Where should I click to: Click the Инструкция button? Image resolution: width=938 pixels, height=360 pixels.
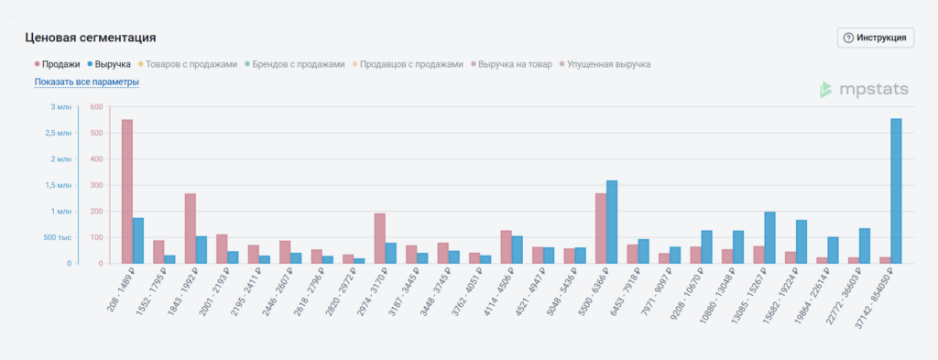tap(876, 38)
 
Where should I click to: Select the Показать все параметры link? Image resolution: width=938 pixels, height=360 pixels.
tap(87, 82)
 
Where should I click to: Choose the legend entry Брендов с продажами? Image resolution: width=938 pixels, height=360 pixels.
tap(297, 64)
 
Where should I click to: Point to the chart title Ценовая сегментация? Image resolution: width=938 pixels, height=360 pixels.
tap(90, 38)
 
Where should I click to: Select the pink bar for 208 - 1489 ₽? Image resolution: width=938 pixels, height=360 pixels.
tap(127, 191)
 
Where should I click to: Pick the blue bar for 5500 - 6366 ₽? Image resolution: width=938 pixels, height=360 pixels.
tap(612, 222)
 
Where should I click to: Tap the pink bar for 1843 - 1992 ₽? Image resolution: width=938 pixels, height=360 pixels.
tap(191, 228)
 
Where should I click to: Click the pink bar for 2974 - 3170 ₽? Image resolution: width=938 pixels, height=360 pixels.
tap(380, 238)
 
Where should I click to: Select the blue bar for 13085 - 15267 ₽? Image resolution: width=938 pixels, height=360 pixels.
tap(770, 237)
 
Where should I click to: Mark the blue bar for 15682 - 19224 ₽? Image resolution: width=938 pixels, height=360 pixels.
tap(802, 242)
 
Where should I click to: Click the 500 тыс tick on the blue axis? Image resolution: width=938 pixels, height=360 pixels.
tap(56, 238)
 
